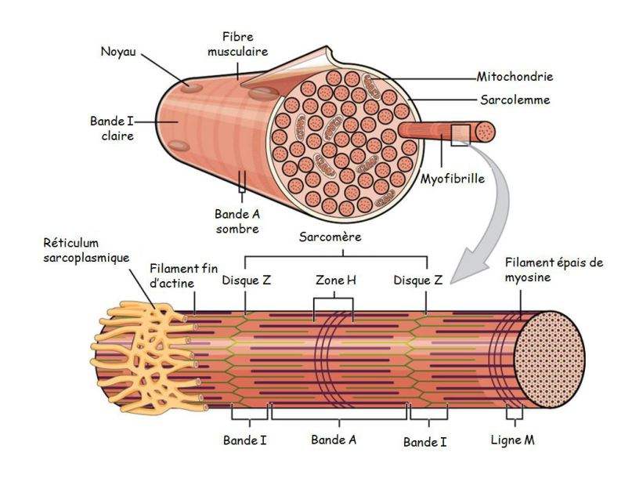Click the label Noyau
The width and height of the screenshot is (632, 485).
117,52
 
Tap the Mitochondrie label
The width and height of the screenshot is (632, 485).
515,77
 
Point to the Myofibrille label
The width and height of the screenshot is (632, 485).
452,178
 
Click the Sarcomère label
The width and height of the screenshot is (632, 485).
329,237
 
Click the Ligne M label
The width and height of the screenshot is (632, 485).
514,440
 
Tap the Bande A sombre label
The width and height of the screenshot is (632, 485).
237,221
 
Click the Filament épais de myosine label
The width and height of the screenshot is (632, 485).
554,270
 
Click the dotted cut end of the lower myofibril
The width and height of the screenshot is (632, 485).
549,360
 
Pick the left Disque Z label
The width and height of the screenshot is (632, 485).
247,280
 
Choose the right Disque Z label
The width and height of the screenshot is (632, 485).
421,280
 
